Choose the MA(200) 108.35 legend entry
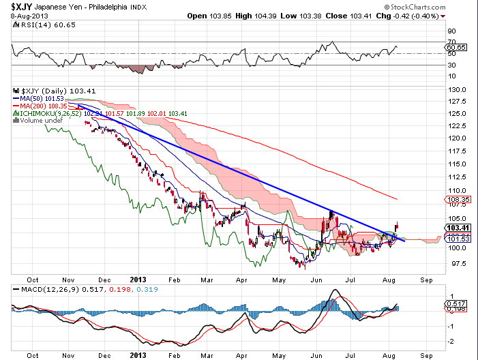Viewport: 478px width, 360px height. click(x=43, y=106)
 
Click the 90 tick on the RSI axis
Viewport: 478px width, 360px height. click(x=451, y=31)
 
